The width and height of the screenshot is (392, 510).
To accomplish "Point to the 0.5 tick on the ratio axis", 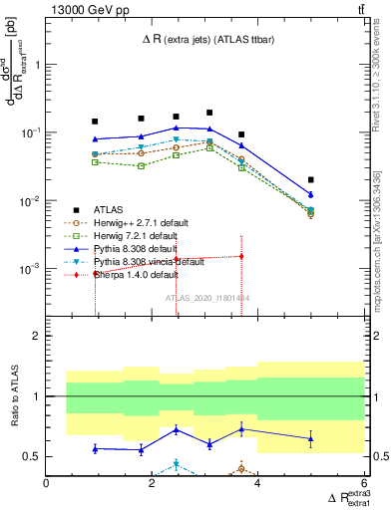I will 33,456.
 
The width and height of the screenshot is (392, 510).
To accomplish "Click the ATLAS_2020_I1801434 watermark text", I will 206,298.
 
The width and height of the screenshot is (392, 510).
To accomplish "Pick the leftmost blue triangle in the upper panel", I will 96,139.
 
